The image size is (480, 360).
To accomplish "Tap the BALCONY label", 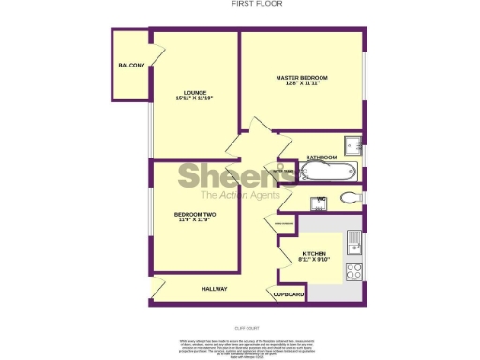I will (131, 65).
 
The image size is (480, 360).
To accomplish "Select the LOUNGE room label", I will (196, 92).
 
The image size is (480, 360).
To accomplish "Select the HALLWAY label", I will (215, 289).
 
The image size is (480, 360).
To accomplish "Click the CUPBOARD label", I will (289, 294).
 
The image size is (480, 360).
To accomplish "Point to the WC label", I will (320, 199).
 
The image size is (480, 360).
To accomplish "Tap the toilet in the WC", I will (351, 198).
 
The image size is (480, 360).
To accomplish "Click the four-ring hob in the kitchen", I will (355, 272).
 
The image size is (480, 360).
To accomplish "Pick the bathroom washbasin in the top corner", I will (352, 144).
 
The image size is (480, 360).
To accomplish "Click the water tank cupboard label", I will (284, 171).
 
